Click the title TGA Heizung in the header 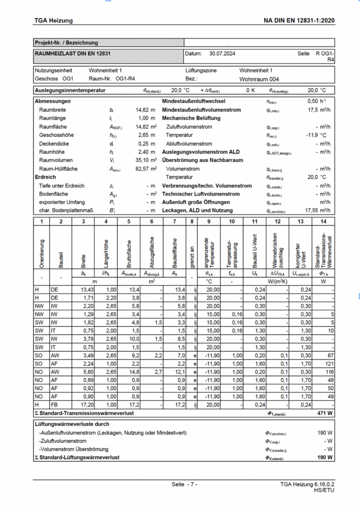tap(53, 20)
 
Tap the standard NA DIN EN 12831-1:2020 tap(299, 20)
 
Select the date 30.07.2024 tap(222, 53)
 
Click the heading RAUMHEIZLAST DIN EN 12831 tap(72, 53)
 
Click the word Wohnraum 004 tap(259, 79)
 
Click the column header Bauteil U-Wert tap(254, 245)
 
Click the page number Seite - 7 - tap(184, 485)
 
